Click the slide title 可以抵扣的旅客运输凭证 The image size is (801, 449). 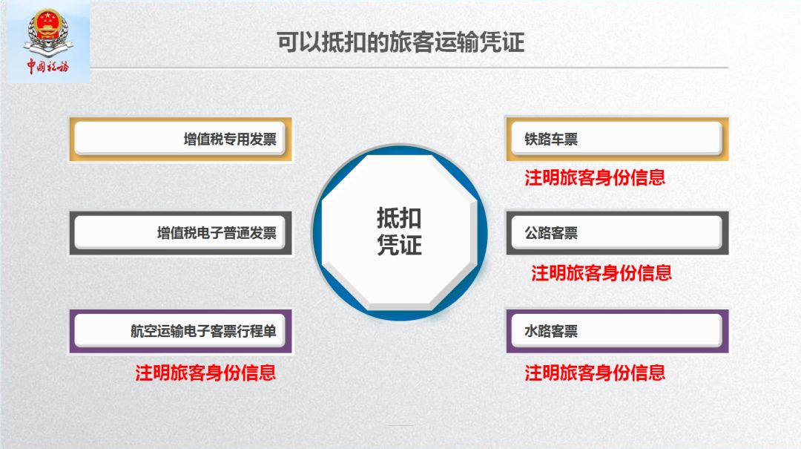tap(400, 42)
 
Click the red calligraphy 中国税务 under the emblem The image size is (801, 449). tap(47, 67)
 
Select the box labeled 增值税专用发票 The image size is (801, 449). tap(181, 139)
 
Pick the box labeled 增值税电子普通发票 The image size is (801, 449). tap(181, 233)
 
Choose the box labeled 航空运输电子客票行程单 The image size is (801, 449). tap(181, 331)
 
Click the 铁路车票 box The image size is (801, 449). tap(616, 139)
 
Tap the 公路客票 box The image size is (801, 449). tap(616, 233)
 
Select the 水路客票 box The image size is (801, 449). tap(616, 331)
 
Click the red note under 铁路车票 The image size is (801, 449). tap(595, 178)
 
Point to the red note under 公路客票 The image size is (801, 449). tap(601, 273)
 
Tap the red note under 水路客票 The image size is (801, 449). tap(595, 373)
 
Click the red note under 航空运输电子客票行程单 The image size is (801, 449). tap(205, 373)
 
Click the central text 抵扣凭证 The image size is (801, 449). tap(399, 232)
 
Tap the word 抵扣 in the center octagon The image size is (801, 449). tap(399, 219)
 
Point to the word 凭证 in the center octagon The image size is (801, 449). tap(399, 245)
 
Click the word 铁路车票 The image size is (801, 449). tap(551, 139)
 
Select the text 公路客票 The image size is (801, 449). tap(551, 233)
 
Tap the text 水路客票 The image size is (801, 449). tap(551, 331)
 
